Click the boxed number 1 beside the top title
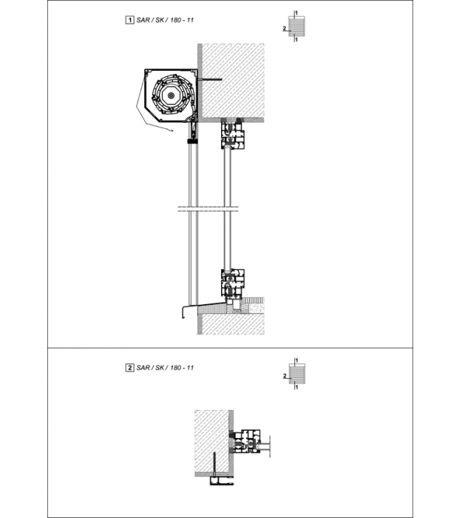pyautogui.click(x=130, y=20)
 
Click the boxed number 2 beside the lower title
pyautogui.click(x=130, y=367)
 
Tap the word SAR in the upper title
pyautogui.click(x=143, y=20)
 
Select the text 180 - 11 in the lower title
pyautogui.click(x=182, y=368)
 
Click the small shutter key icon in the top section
pyautogui.click(x=296, y=26)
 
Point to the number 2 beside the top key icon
pyautogui.click(x=284, y=28)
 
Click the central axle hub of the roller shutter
pyautogui.click(x=171, y=95)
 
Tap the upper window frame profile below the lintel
pyautogui.click(x=233, y=135)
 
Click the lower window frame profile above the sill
pyautogui.click(x=233, y=283)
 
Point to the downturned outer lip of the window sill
pyautogui.click(x=183, y=313)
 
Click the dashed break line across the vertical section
pyautogui.click(x=208, y=209)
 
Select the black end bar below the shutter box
pyautogui.click(x=192, y=141)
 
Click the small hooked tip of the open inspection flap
pyautogui.click(x=171, y=131)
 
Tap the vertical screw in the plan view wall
pyautogui.click(x=215, y=464)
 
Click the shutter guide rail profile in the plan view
pyautogui.click(x=222, y=481)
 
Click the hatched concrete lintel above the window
pyautogui.click(x=233, y=81)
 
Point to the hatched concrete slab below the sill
pyautogui.click(x=233, y=323)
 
